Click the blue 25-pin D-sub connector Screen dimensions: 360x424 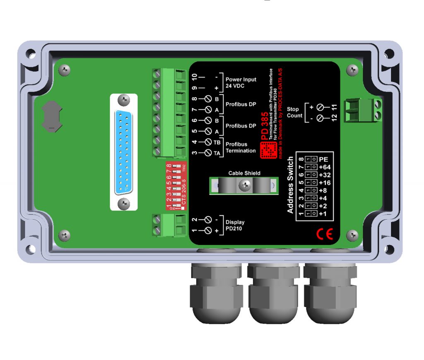point(123,151)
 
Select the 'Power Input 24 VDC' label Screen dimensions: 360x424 point(241,82)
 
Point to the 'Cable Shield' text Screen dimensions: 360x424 point(244,173)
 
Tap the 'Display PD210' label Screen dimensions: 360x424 point(235,225)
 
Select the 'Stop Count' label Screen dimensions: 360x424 point(294,113)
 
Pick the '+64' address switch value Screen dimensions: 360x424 point(325,167)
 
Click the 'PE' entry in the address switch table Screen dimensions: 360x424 point(324,159)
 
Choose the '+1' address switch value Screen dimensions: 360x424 point(324,214)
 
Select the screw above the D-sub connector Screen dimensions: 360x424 point(123,100)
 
